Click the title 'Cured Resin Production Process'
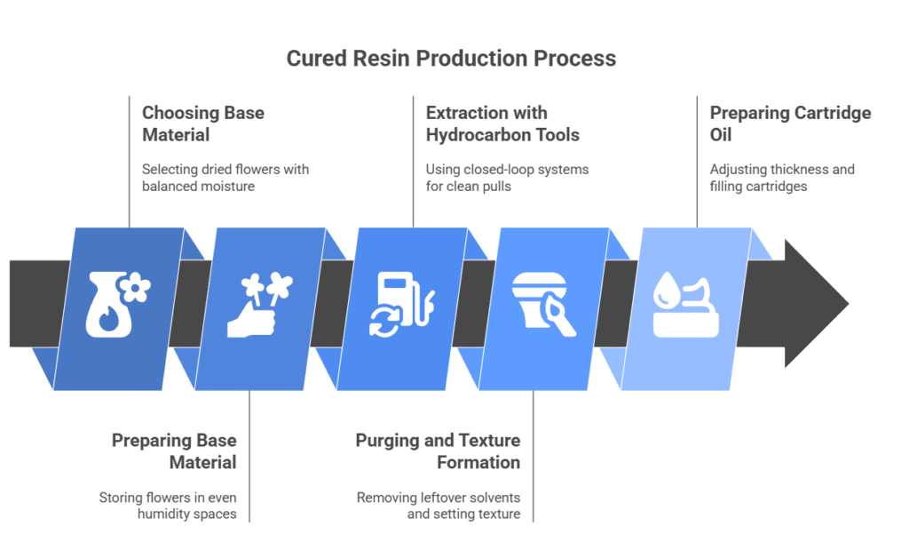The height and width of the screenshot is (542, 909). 451,59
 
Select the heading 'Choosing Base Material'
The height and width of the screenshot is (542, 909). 203,124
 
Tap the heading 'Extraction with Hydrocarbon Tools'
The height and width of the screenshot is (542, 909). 502,124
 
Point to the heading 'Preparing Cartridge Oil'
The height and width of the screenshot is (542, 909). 790,124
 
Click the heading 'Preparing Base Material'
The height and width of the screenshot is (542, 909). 174,450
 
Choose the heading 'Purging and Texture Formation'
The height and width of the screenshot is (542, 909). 438,450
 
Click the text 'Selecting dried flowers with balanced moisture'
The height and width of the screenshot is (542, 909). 225,178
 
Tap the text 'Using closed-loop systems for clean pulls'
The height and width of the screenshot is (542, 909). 507,178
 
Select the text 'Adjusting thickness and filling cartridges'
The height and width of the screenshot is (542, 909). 782,178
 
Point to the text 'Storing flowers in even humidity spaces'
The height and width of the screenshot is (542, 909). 168,506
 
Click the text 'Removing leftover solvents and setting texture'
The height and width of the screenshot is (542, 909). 439,506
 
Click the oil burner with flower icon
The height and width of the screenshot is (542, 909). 118,304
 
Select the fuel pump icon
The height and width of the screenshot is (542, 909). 402,304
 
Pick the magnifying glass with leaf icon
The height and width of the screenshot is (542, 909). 544,304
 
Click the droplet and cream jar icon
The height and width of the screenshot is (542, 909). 686,304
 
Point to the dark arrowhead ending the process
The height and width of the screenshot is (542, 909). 817,303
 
